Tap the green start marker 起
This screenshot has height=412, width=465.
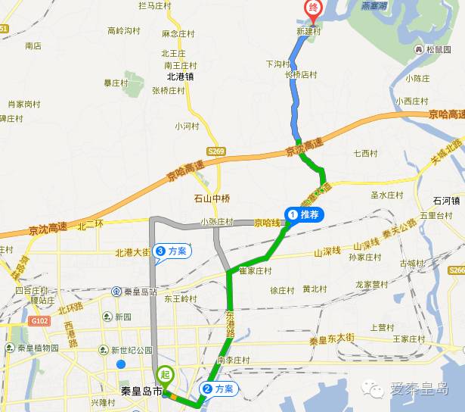pos(166,374)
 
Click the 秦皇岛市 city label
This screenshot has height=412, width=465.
pos(141,392)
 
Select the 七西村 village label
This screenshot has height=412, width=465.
pos(364,154)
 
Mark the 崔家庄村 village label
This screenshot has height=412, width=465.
pos(255,271)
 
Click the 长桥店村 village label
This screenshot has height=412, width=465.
pos(301,75)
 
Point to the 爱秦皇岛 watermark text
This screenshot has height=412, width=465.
pos(419,390)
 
